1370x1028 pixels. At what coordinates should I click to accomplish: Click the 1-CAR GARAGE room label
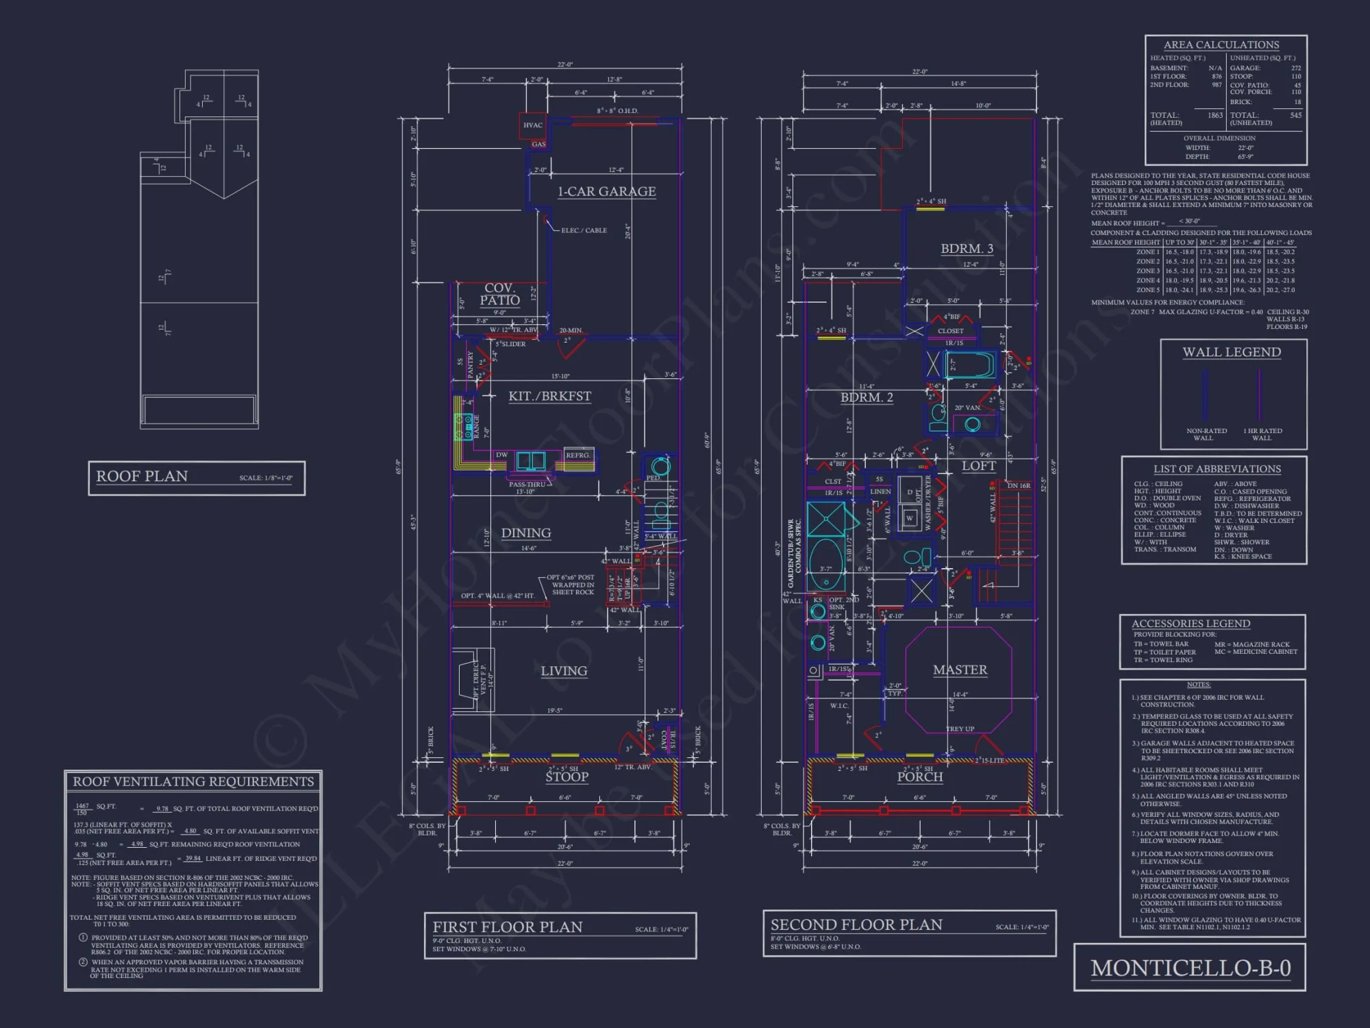click(606, 191)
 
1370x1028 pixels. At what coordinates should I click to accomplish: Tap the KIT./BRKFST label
click(549, 396)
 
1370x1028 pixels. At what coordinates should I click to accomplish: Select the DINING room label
click(526, 533)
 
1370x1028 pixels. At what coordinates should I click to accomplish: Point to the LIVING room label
click(564, 671)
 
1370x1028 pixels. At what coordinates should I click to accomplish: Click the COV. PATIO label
click(499, 294)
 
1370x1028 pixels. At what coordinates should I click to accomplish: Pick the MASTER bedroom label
click(960, 670)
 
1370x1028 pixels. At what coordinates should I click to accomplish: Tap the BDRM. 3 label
click(967, 248)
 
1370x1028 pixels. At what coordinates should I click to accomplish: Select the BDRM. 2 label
click(867, 397)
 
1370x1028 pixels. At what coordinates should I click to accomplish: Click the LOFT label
click(978, 465)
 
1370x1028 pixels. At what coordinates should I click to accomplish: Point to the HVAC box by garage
click(533, 125)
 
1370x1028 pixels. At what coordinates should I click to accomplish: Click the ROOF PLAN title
click(142, 476)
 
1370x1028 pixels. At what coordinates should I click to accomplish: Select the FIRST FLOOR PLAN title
click(508, 927)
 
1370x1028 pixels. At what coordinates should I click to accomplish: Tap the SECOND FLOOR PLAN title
click(856, 925)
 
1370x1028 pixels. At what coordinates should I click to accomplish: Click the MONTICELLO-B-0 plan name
click(1191, 968)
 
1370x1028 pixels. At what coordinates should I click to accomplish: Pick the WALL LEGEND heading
click(1231, 352)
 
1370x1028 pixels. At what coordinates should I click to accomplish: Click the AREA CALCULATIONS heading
click(1221, 45)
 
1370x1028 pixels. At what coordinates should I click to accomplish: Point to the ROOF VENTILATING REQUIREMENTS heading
click(193, 781)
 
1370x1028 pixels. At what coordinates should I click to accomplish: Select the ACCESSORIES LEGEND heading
click(1191, 624)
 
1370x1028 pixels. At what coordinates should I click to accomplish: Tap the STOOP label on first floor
click(566, 776)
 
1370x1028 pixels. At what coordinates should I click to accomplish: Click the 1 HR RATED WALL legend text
click(1262, 434)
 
